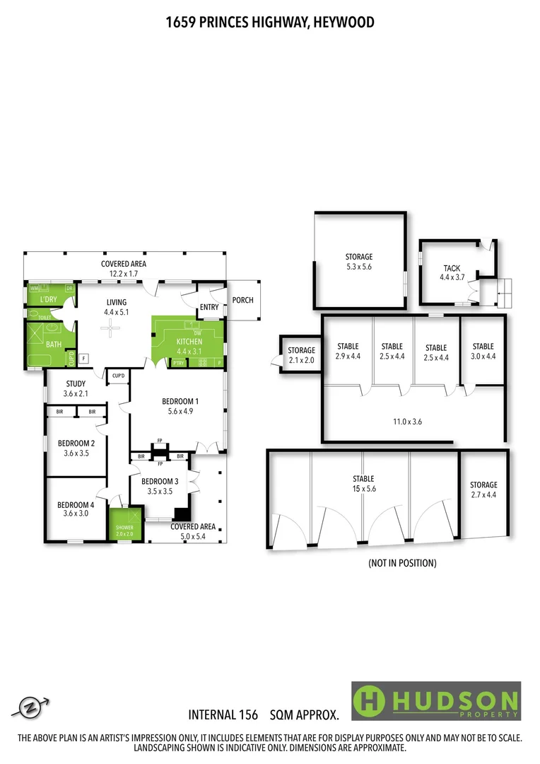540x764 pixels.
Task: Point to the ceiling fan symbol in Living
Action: pyautogui.click(x=110, y=326)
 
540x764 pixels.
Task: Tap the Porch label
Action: pyautogui.click(x=242, y=300)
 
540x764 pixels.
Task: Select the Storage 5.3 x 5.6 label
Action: pyautogui.click(x=358, y=262)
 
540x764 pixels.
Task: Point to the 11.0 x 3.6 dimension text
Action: pyautogui.click(x=407, y=421)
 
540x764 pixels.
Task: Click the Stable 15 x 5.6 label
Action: pyautogui.click(x=363, y=484)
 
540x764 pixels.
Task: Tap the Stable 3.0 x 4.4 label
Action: pyautogui.click(x=483, y=351)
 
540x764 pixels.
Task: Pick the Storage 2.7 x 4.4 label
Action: pyautogui.click(x=483, y=490)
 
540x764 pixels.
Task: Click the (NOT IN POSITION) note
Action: pyautogui.click(x=402, y=563)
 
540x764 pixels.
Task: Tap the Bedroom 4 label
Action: pyautogui.click(x=76, y=509)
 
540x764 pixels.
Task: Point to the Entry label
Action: pyautogui.click(x=210, y=306)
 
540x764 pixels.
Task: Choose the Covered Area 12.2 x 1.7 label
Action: pyautogui.click(x=123, y=268)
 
